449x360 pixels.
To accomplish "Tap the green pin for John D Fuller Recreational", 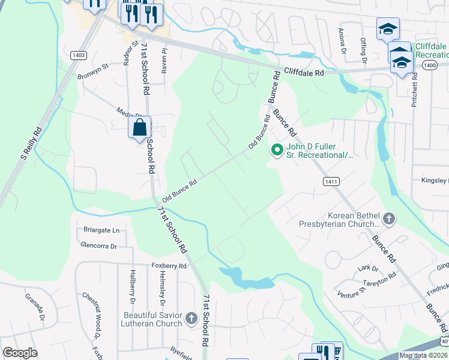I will [277, 150].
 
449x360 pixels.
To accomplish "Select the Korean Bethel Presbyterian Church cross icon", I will [388, 219].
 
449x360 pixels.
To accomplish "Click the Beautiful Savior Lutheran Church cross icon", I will [191, 319].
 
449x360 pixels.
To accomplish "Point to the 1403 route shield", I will [79, 55].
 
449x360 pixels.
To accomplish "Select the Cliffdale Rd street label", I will [304, 71].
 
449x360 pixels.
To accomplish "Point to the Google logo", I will [20, 353].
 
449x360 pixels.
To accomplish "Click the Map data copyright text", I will [423, 355].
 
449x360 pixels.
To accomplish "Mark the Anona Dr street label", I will [342, 40].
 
